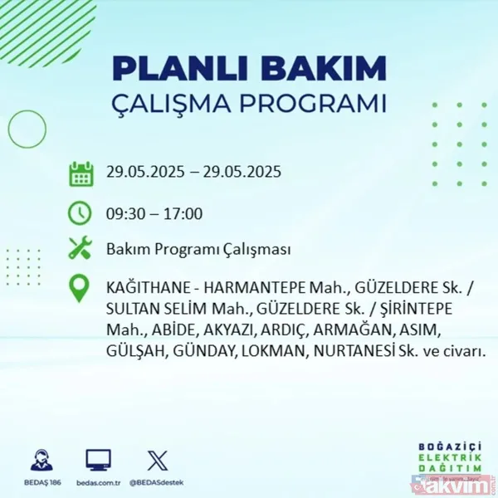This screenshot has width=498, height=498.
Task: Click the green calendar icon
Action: tap(81, 173)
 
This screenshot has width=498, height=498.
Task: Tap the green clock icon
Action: tap(81, 212)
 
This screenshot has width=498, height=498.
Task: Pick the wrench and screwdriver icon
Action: tap(81, 248)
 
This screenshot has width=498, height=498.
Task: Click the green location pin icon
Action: tap(81, 288)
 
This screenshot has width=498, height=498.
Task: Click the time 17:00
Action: tap(182, 213)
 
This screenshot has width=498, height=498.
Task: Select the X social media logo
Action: tap(157, 460)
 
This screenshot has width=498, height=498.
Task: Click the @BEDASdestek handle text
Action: tap(158, 481)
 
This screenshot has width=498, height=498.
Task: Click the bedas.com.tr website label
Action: tap(98, 481)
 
